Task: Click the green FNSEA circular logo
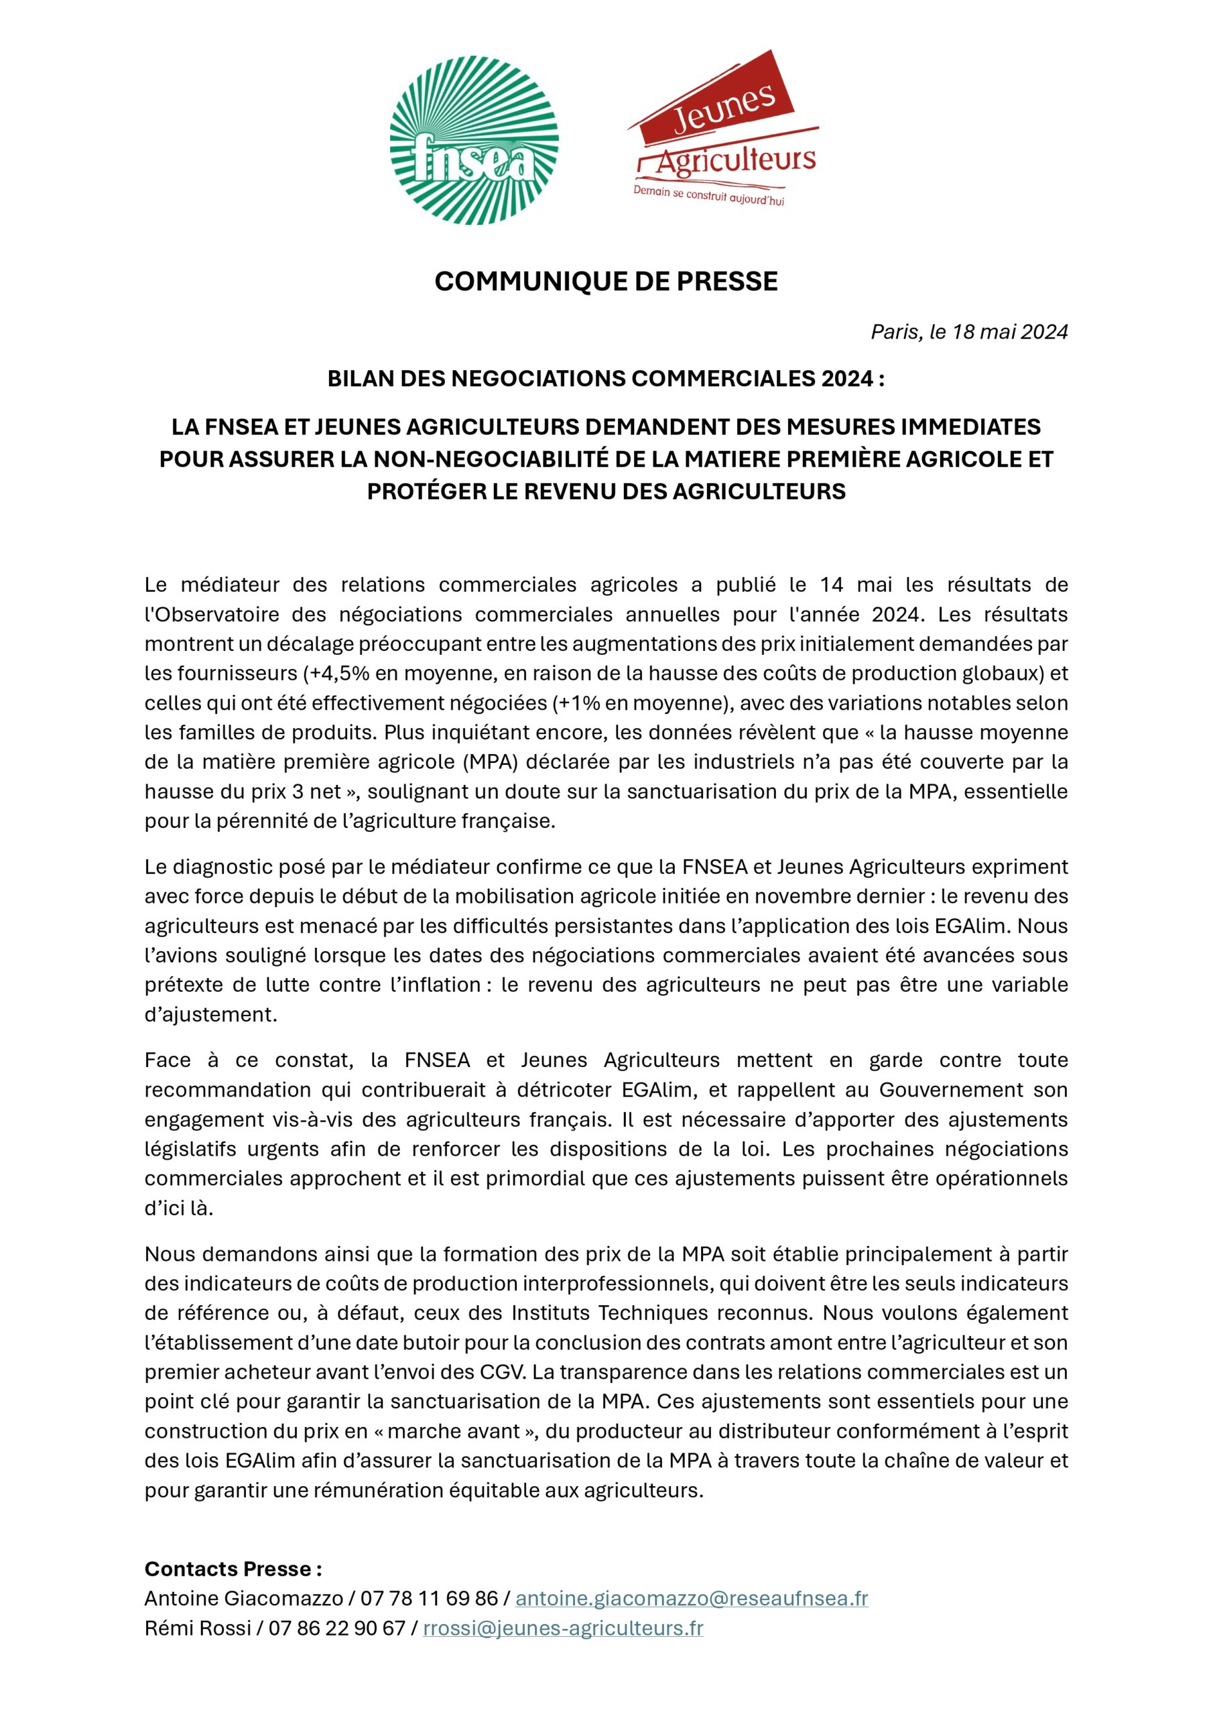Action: (474, 141)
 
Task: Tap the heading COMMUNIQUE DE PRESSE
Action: (606, 281)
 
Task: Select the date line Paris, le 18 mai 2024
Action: (968, 332)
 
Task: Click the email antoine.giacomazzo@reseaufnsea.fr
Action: (692, 1598)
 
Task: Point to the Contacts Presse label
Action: (233, 1568)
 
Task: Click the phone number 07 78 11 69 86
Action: (429, 1598)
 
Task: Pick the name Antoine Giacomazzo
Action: (244, 1598)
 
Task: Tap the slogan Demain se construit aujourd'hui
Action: (708, 196)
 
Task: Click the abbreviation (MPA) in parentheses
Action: (493, 762)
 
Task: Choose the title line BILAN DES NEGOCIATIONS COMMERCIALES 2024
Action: (606, 379)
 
